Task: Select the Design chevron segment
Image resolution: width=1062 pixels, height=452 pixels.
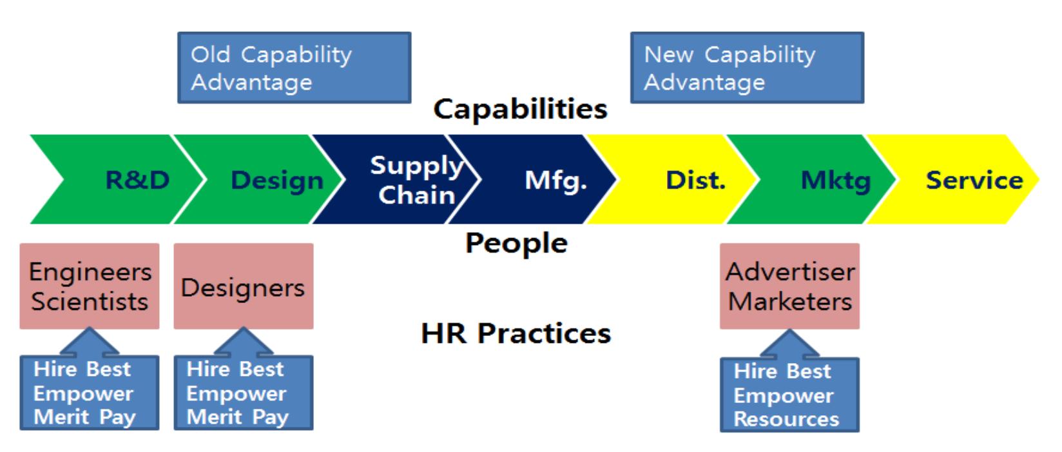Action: pyautogui.click(x=271, y=180)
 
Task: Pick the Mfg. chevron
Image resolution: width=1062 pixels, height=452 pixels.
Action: pyautogui.click(x=548, y=180)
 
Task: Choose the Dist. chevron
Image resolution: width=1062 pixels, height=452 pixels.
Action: pyautogui.click(x=690, y=180)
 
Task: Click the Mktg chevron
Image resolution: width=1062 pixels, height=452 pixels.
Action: pyautogui.click(x=831, y=180)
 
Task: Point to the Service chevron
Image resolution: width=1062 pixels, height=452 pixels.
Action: pyautogui.click(x=967, y=180)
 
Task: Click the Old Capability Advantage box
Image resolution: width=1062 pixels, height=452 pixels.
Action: pyautogui.click(x=294, y=68)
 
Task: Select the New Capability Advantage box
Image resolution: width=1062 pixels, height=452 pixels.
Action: pyautogui.click(x=747, y=68)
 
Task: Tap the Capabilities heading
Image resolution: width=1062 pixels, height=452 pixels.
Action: pyautogui.click(x=520, y=109)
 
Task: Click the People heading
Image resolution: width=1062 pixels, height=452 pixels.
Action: pyautogui.click(x=516, y=244)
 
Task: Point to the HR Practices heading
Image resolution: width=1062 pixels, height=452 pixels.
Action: pyautogui.click(x=516, y=333)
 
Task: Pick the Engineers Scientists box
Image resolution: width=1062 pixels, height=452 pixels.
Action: pyautogui.click(x=90, y=286)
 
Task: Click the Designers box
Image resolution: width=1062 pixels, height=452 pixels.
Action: pyautogui.click(x=243, y=286)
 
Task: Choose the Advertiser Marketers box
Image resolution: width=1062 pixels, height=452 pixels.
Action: pyautogui.click(x=789, y=286)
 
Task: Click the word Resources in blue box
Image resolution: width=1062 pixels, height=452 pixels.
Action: pyautogui.click(x=786, y=419)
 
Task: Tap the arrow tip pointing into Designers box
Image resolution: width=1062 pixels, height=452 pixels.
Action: pyautogui.click(x=243, y=330)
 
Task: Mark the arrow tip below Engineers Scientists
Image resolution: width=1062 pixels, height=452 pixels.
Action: pyautogui.click(x=90, y=330)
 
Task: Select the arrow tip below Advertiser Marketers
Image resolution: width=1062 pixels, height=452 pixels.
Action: pyautogui.click(x=789, y=332)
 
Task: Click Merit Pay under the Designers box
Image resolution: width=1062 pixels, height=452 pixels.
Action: pyautogui.click(x=237, y=417)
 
